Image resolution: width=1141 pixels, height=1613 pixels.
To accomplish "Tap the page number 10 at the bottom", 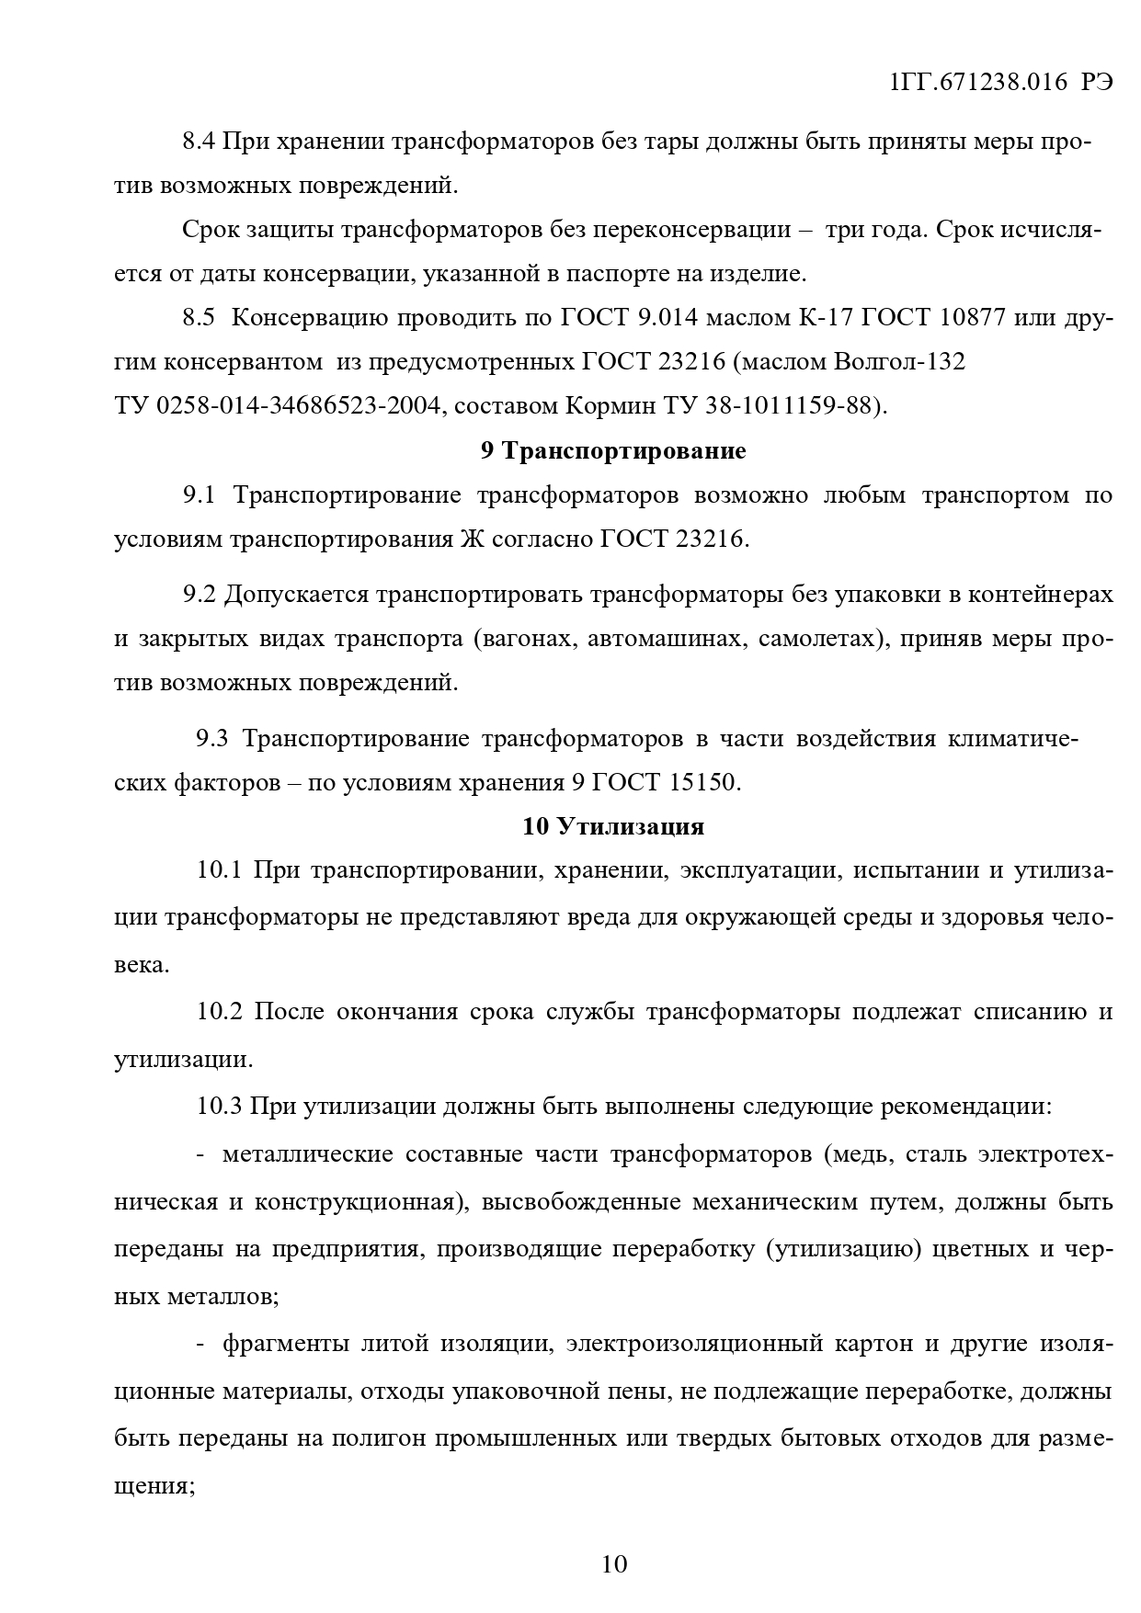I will [613, 1563].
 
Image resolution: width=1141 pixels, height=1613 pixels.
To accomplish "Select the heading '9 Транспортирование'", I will [613, 451].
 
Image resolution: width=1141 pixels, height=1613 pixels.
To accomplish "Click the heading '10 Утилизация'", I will [613, 826].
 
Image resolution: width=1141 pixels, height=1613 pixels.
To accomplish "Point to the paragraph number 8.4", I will [199, 142].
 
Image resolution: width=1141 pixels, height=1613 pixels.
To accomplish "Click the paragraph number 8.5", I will [199, 318].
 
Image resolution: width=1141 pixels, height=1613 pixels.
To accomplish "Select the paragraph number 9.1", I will [199, 495].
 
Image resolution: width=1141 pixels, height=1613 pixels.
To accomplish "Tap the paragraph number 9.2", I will [199, 595].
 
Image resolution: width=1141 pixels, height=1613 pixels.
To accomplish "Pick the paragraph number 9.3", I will [211, 738].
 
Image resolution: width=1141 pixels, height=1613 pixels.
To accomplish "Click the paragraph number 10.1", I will [218, 869].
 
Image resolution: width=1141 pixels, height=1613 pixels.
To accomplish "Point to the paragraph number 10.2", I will [220, 1012].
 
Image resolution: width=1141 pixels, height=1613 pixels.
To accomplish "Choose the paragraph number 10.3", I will [218, 1106].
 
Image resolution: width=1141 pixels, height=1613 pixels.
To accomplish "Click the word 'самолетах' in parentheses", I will [815, 639].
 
